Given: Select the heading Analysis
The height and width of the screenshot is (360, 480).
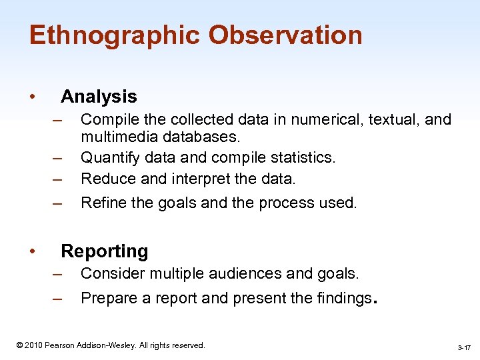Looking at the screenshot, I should click(99, 97).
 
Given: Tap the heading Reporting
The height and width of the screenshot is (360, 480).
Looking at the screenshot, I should click(105, 251).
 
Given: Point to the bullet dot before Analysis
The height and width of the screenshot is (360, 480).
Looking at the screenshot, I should click(33, 97).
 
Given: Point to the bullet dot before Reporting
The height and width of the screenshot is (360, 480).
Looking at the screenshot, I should click(33, 252).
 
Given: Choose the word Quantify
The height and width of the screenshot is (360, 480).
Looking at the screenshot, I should click(107, 158).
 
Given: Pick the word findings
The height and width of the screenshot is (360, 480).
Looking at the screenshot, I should click(338, 298).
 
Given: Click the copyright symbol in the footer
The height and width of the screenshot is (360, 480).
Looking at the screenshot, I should click(19, 345).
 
